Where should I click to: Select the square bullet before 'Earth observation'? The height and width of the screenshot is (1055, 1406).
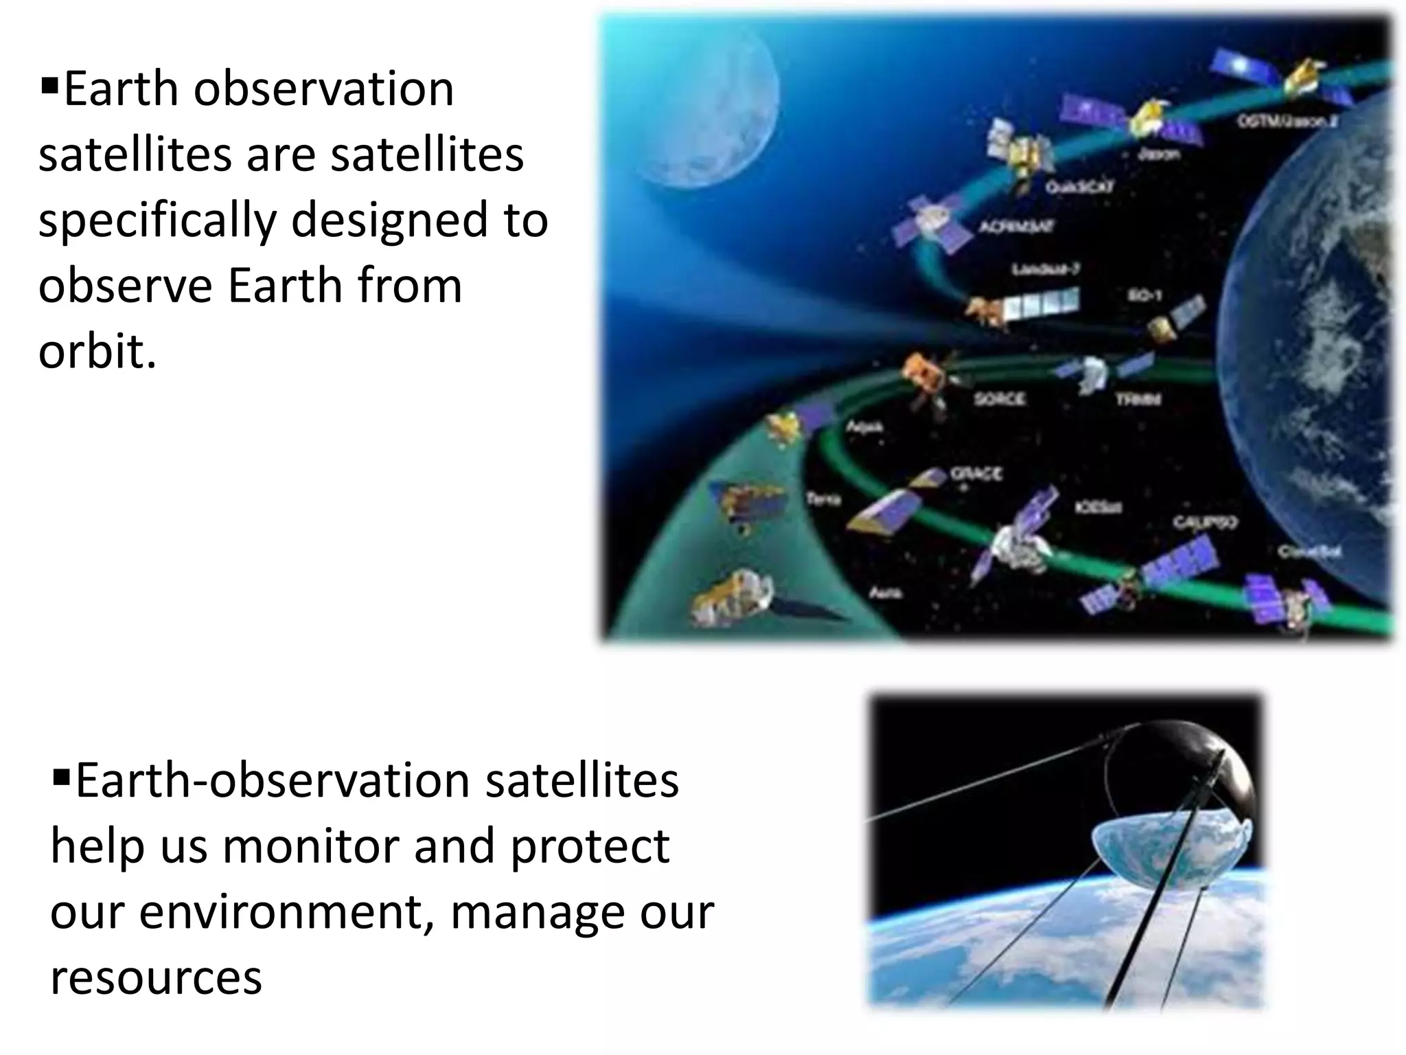pyautogui.click(x=49, y=87)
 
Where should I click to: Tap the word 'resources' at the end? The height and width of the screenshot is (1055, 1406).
pyautogui.click(x=156, y=977)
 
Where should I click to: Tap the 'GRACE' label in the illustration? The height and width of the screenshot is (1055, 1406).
pyautogui.click(x=976, y=473)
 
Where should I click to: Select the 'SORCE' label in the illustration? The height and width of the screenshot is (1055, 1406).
pyautogui.click(x=1000, y=398)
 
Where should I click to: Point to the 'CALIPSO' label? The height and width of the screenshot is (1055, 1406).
pyautogui.click(x=1205, y=523)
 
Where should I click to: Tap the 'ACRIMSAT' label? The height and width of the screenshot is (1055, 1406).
pyautogui.click(x=1016, y=226)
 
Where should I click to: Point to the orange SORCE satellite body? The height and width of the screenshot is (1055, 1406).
pyautogui.click(x=923, y=374)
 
